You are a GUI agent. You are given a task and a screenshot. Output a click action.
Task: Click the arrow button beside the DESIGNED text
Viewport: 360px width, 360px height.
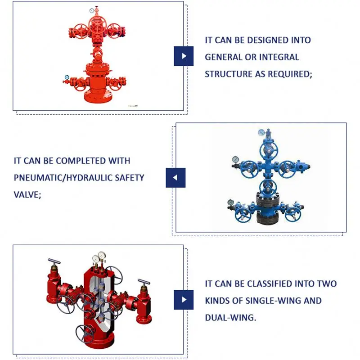tap(184, 56)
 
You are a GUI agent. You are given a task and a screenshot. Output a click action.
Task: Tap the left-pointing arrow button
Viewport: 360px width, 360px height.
tap(175, 177)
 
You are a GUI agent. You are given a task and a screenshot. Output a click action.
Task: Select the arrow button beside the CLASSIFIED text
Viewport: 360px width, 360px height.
tap(184, 299)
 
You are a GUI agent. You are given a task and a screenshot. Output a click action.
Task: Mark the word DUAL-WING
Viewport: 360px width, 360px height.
tap(230, 318)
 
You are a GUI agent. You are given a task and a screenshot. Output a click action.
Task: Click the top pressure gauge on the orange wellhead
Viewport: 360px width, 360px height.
tap(92, 10)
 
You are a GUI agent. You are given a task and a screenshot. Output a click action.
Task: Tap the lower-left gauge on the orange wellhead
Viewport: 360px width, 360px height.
tap(67, 77)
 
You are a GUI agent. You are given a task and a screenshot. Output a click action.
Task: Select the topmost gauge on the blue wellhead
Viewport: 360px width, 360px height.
tap(261, 132)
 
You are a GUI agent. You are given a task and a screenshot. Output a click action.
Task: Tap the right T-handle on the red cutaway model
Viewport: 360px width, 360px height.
tap(144, 282)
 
